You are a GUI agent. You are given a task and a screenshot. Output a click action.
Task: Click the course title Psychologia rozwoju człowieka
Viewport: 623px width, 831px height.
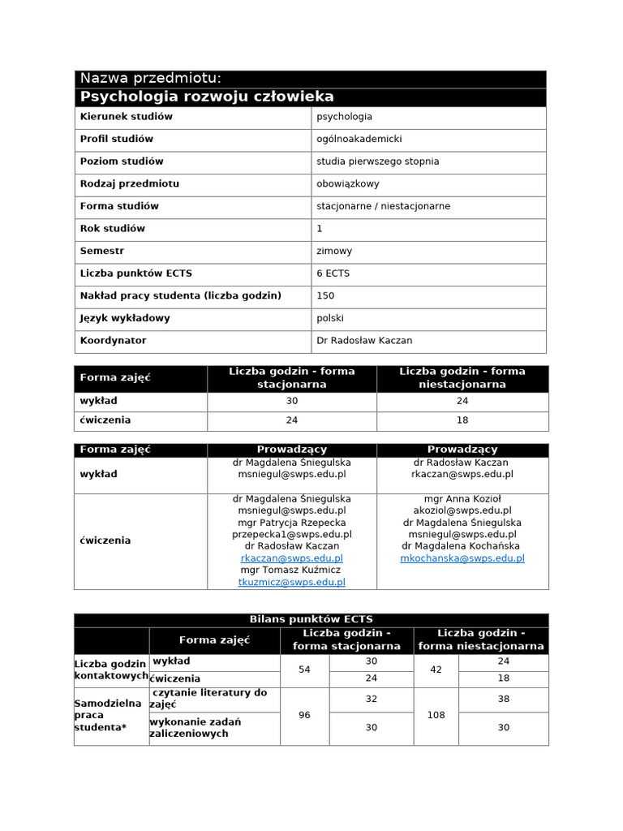[x=207, y=97]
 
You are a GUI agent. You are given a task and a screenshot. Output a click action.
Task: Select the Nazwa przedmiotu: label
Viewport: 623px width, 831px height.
[x=149, y=78]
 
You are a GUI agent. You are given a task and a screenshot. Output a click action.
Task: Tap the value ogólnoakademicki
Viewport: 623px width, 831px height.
[x=359, y=139]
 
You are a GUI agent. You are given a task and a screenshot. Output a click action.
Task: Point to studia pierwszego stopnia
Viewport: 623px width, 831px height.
[x=377, y=161]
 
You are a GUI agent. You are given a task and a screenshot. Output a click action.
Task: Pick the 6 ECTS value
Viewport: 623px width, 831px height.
[x=333, y=273]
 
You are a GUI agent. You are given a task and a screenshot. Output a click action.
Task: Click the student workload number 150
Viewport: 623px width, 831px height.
[x=325, y=295]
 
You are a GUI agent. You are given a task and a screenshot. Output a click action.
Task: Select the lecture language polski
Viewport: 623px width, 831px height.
[x=331, y=318]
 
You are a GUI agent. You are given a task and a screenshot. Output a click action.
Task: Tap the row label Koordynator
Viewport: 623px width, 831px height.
[x=113, y=341]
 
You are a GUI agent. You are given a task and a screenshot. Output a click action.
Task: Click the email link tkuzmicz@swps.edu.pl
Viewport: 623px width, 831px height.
[x=292, y=582]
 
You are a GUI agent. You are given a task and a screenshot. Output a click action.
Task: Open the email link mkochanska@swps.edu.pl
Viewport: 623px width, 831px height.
[x=462, y=558]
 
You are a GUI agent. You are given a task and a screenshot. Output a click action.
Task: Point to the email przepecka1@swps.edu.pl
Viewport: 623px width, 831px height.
[x=292, y=535]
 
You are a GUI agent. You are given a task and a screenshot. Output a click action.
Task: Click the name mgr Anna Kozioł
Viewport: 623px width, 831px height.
[x=462, y=498]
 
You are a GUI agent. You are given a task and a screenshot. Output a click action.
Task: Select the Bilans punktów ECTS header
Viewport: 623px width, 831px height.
[x=311, y=619]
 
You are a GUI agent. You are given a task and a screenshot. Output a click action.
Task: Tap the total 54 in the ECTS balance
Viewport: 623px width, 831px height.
[x=304, y=670]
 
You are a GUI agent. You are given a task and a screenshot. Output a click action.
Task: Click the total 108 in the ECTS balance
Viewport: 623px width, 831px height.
[x=436, y=716]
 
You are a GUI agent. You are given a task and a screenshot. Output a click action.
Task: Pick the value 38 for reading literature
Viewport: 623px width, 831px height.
[x=504, y=699]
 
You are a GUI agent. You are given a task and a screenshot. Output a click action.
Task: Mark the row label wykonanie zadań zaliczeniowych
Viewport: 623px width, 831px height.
[x=195, y=727]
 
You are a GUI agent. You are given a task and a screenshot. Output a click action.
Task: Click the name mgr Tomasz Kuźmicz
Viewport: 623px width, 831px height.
[x=292, y=570]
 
